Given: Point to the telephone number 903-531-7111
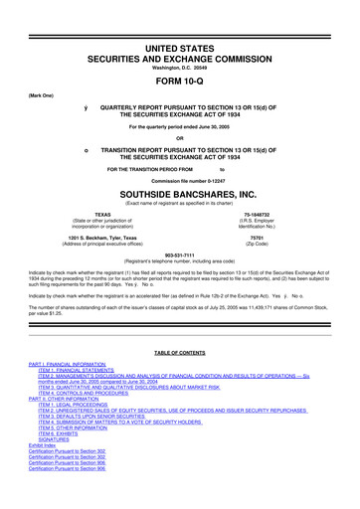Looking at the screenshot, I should point(179,253).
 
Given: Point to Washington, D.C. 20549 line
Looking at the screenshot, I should point(179,39).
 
